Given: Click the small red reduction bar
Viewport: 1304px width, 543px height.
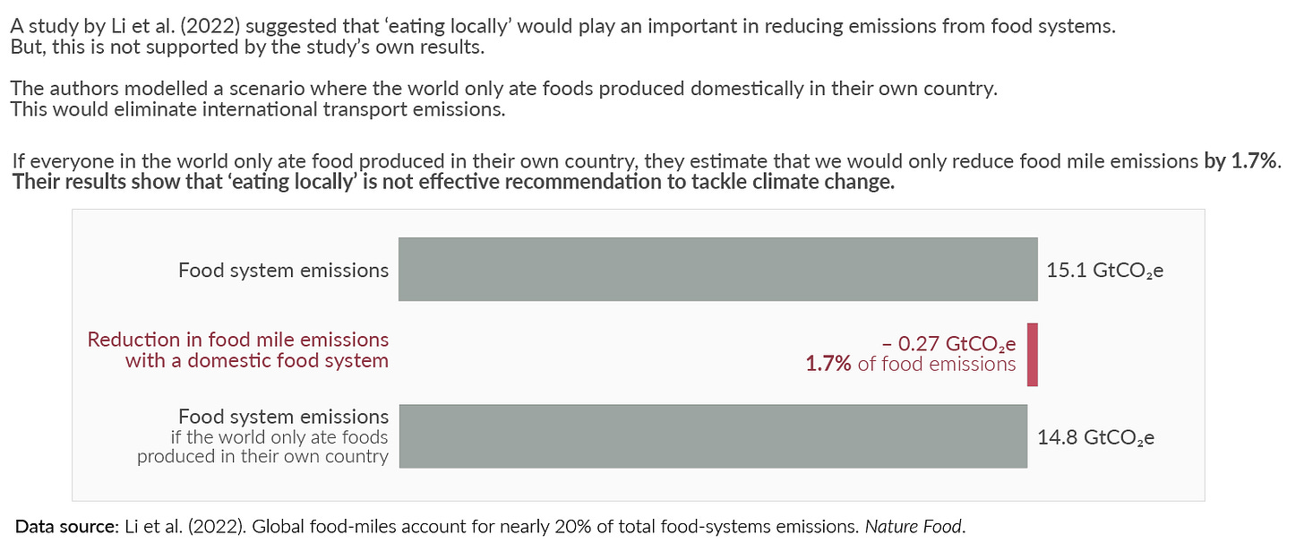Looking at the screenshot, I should coord(1032,355).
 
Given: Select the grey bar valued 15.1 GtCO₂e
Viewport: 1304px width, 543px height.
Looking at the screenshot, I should coord(717,269).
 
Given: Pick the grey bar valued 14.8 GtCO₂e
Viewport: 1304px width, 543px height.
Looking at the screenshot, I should coord(713,436).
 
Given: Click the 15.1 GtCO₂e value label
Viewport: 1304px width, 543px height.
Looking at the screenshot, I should coord(1104,271).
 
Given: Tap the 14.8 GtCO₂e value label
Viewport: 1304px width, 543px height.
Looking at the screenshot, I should coord(1095,438).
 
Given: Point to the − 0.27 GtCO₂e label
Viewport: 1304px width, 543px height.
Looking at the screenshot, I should coord(948,343).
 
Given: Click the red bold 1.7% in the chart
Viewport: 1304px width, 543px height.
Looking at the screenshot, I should coord(828,364).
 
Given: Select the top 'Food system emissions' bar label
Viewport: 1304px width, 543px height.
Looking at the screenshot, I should coord(283,271).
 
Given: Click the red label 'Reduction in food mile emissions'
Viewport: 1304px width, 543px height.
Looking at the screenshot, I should coord(238,340).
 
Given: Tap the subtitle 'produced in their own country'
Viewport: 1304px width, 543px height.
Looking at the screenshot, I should coord(262,457).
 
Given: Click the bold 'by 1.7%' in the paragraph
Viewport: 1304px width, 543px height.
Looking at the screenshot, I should coord(1242,162).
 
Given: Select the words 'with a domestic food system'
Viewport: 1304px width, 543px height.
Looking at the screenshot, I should coord(257,361).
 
